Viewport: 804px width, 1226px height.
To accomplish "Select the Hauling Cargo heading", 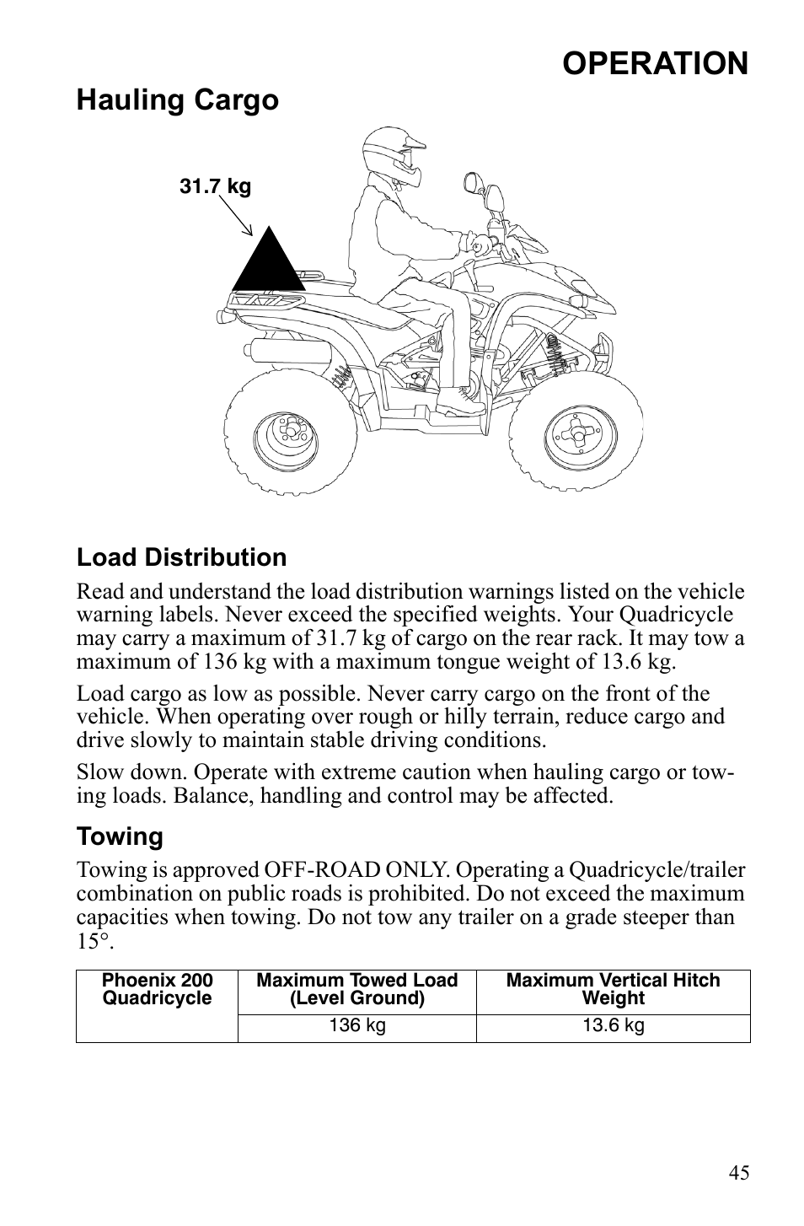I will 177,100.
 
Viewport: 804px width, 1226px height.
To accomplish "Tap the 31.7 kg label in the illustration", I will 215,186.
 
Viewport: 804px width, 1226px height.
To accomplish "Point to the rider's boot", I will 459,401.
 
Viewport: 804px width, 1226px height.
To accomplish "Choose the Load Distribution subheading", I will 181,558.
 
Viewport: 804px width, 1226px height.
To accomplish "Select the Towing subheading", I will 120,837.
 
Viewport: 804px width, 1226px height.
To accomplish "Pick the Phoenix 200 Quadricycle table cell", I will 157,990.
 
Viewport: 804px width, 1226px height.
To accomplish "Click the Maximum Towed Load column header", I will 356,990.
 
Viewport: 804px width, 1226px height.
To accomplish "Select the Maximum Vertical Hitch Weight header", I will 613,990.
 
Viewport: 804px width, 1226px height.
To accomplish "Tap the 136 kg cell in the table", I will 356,1026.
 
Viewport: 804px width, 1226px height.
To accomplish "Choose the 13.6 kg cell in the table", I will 613,1026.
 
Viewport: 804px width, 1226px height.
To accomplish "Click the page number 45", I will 739,1173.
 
